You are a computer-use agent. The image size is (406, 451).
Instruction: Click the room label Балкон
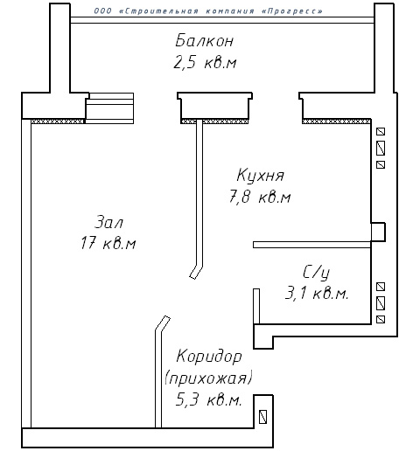point(205,40)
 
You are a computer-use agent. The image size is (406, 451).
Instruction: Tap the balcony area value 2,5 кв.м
point(205,62)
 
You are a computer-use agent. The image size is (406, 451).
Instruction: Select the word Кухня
point(260,176)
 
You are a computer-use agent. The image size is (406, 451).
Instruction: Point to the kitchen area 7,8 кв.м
point(260,197)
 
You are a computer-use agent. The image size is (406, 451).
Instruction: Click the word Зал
point(108,221)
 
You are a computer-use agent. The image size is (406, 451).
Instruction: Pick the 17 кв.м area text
point(108,243)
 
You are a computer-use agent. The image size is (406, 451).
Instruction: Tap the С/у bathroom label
point(317,273)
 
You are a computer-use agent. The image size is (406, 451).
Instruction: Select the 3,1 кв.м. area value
point(317,293)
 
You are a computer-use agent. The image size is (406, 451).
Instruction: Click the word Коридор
point(209,357)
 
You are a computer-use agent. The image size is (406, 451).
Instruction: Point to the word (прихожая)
point(208,378)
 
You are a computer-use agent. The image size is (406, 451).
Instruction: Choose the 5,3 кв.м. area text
point(209,399)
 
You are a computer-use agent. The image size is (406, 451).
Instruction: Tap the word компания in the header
point(230,11)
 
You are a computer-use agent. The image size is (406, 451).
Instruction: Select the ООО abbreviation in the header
point(102,11)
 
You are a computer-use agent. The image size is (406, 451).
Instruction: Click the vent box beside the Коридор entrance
point(262,417)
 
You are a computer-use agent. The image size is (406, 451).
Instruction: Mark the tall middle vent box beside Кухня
point(381,149)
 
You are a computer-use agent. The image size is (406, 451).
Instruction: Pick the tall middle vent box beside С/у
point(381,303)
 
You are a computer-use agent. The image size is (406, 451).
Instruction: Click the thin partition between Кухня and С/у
point(311,245)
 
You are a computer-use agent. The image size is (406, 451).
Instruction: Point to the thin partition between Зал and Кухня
point(199,199)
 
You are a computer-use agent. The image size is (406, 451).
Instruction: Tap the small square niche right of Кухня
point(378,232)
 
